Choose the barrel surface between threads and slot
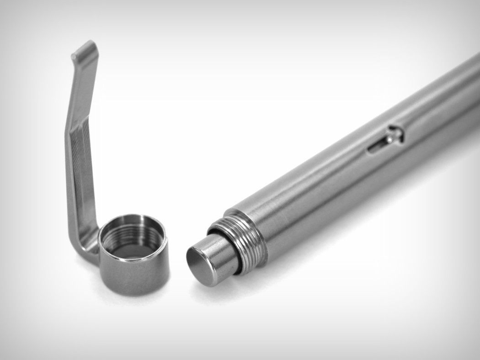pos(320,192)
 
